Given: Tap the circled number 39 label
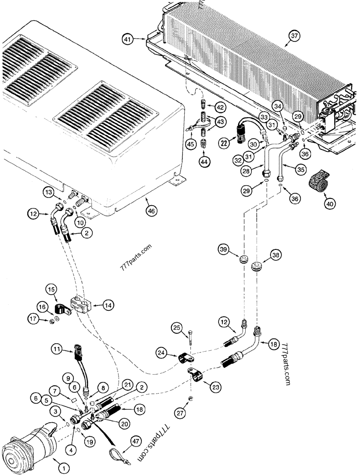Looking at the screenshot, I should coord(224,249).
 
